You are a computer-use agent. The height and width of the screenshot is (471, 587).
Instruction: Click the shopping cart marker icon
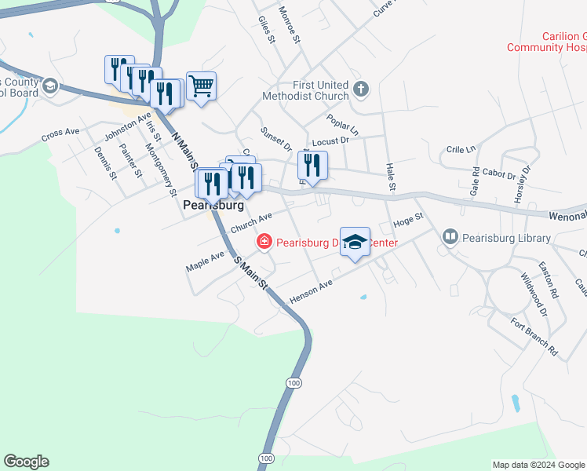[x=202, y=86]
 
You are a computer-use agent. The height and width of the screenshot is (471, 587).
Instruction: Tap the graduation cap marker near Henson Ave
[x=355, y=242]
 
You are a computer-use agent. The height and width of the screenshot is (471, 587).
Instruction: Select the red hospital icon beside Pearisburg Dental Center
[x=264, y=242]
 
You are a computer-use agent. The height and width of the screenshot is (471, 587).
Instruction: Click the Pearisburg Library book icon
[x=450, y=235]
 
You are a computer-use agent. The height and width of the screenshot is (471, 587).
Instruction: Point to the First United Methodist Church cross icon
[x=361, y=87]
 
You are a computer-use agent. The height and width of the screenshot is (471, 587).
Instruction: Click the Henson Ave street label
[x=312, y=290]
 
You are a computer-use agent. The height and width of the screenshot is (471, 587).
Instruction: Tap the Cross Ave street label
[x=61, y=134]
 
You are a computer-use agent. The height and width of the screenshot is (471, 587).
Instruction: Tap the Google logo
[x=26, y=462]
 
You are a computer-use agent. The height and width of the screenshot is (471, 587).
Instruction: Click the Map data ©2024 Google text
[x=538, y=465]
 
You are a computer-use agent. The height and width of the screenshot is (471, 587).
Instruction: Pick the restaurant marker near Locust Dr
[x=312, y=166]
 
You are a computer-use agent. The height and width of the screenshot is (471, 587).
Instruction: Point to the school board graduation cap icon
[x=50, y=86]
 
